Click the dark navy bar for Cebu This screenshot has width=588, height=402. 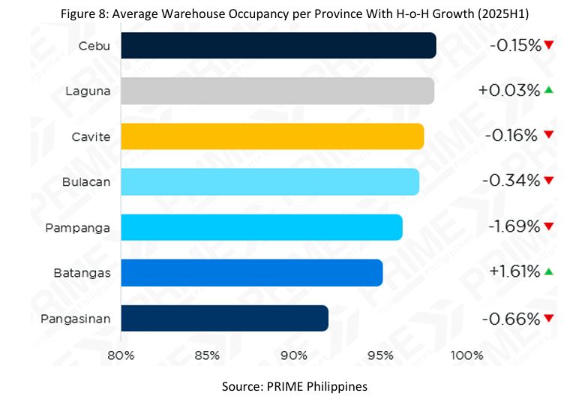[278, 46]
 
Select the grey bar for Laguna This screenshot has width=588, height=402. [277, 91]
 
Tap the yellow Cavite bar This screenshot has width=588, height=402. [272, 136]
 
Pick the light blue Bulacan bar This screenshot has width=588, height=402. [270, 181]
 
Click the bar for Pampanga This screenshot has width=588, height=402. [262, 227]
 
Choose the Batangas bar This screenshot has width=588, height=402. [252, 272]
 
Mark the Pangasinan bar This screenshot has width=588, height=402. [225, 318]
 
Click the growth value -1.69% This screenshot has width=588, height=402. [514, 226]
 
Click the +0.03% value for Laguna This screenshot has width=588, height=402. [509, 91]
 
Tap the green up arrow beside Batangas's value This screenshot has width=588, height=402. [549, 271]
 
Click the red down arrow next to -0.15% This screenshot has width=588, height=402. [549, 45]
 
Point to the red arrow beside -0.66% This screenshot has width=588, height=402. [549, 318]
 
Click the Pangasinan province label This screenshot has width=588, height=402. [76, 319]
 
